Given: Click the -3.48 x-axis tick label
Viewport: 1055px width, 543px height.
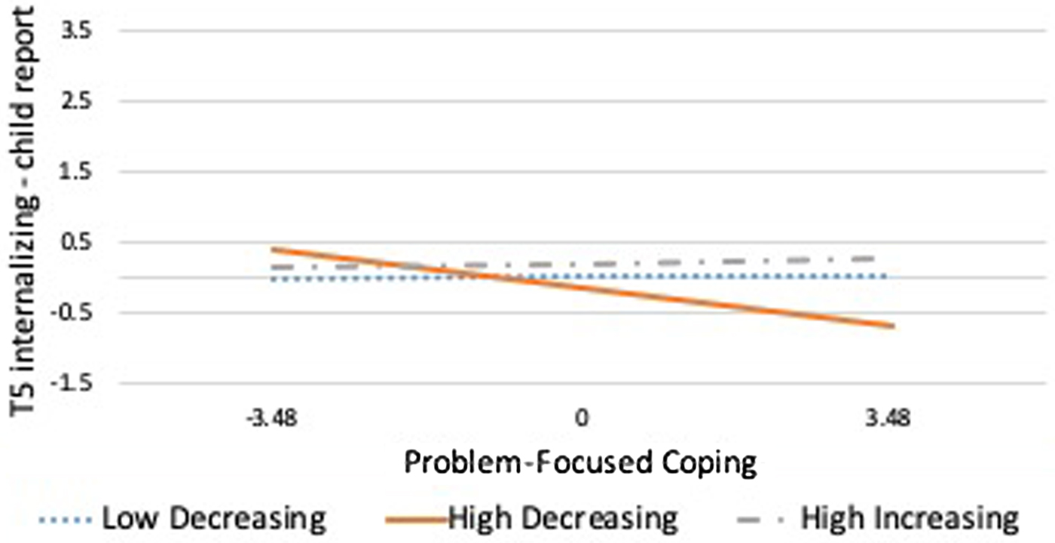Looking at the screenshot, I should pyautogui.click(x=268, y=416).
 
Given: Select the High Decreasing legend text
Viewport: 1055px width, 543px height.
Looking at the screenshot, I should pyautogui.click(x=561, y=519).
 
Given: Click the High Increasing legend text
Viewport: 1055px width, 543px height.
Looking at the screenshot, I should pyautogui.click(x=909, y=519).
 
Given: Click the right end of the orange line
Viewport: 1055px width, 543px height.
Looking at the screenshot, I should pyautogui.click(x=894, y=326).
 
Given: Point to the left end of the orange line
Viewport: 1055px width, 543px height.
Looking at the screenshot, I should pyautogui.click(x=271, y=249).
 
